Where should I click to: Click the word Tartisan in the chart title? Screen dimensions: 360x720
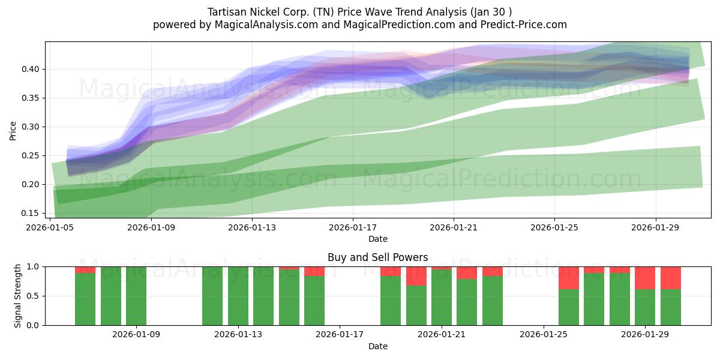226,12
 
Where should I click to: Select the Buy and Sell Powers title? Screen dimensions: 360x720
377,257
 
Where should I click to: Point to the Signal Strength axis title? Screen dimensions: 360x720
18,296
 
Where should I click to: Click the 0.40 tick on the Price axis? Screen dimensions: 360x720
31,69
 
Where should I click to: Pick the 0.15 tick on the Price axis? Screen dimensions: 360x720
31,213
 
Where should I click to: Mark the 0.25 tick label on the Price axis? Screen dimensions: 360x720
31,155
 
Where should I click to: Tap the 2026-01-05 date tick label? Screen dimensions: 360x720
50,227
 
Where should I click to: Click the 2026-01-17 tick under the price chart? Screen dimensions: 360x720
352,227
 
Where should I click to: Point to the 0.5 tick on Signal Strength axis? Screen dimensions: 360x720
34,296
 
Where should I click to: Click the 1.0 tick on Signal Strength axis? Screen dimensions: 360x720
34,266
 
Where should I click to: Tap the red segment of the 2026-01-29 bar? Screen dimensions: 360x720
645,278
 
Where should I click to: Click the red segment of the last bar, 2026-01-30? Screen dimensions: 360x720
671,278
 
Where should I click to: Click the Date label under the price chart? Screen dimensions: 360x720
377,239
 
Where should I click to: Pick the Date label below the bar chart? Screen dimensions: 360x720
377,346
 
